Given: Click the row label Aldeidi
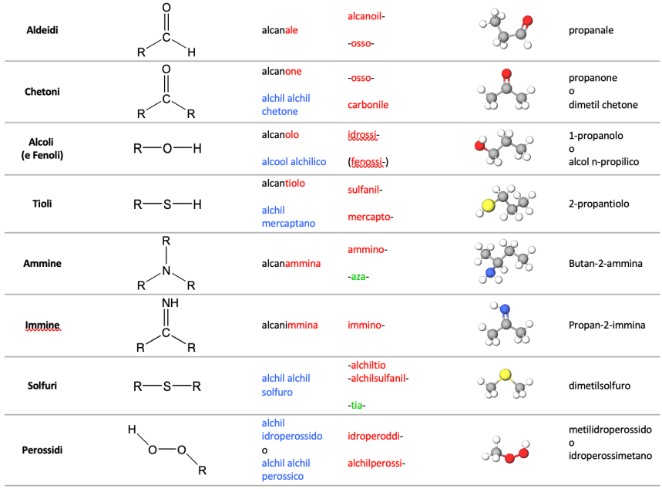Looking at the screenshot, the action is point(42,30).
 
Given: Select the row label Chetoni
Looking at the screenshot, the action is point(42,92).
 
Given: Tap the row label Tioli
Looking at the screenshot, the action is point(42,204).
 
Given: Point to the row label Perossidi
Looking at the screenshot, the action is point(42,450).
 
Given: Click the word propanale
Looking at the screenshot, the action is point(590,30).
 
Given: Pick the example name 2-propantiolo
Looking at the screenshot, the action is point(599,204).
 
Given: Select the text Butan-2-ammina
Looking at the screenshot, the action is point(606,263).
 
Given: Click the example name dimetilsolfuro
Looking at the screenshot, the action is point(599,386).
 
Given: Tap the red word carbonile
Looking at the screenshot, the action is point(368,105).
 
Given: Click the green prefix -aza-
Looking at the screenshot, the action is point(358,277).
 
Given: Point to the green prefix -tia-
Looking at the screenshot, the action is point(356,406).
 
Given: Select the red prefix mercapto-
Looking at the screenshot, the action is point(370,218).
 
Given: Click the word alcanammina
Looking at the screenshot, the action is point(291,263).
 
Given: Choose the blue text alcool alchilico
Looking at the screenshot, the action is point(294,161).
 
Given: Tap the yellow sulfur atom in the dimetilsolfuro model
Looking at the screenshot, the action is point(505,375).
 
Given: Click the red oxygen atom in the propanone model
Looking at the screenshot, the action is point(506,74).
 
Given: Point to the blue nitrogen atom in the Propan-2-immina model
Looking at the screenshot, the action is point(505,309).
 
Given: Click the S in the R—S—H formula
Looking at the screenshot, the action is point(167,204).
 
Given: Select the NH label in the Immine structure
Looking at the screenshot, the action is point(170,303).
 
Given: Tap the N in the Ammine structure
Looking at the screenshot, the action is point(166,271).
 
